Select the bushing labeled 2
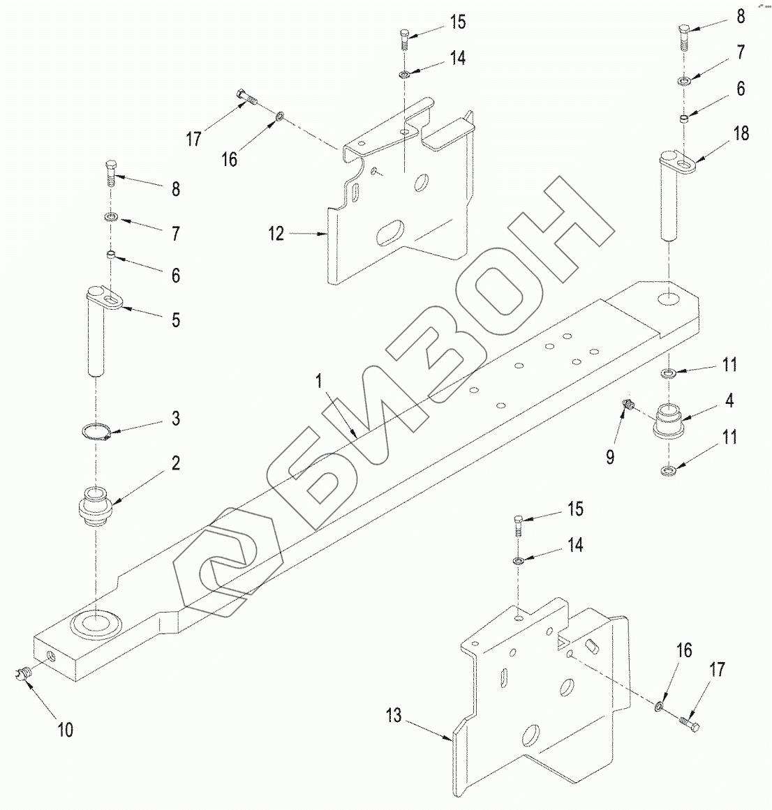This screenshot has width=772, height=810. click(x=94, y=507)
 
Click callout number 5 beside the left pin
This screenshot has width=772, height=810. click(x=175, y=320)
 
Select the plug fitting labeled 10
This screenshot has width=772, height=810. click(x=23, y=673)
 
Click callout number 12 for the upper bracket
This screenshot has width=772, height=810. click(x=276, y=234)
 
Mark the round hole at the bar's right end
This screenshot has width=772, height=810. click(x=667, y=298)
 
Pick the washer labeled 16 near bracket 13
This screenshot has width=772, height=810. click(x=659, y=709)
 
